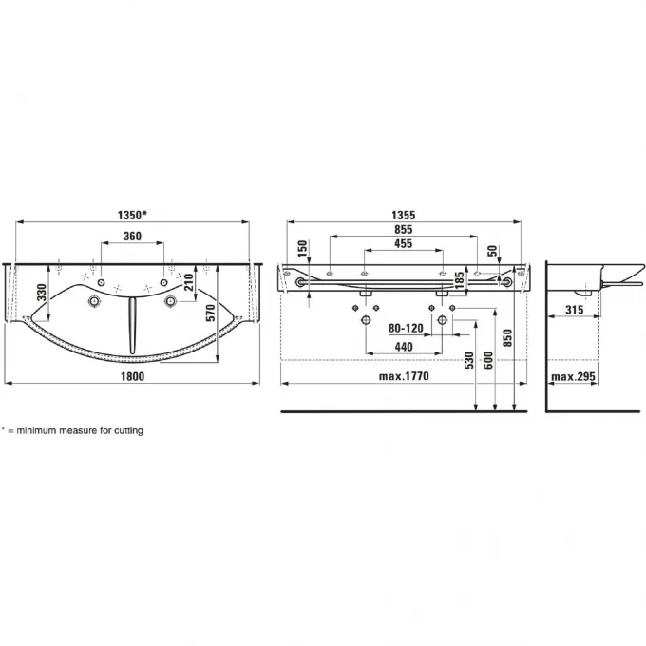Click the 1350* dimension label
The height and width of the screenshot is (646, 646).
click(x=132, y=215)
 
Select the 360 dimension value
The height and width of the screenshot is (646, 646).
click(x=132, y=236)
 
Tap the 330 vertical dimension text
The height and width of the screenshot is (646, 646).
click(x=42, y=292)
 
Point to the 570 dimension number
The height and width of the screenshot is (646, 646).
click(x=211, y=313)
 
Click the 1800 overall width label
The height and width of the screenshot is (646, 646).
click(x=133, y=376)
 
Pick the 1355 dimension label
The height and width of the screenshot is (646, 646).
click(x=404, y=215)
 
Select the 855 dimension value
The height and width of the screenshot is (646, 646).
click(x=404, y=230)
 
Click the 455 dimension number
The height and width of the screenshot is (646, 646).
click(x=404, y=243)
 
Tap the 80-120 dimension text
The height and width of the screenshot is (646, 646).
click(x=406, y=328)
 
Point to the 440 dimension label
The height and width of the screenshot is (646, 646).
click(x=404, y=347)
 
